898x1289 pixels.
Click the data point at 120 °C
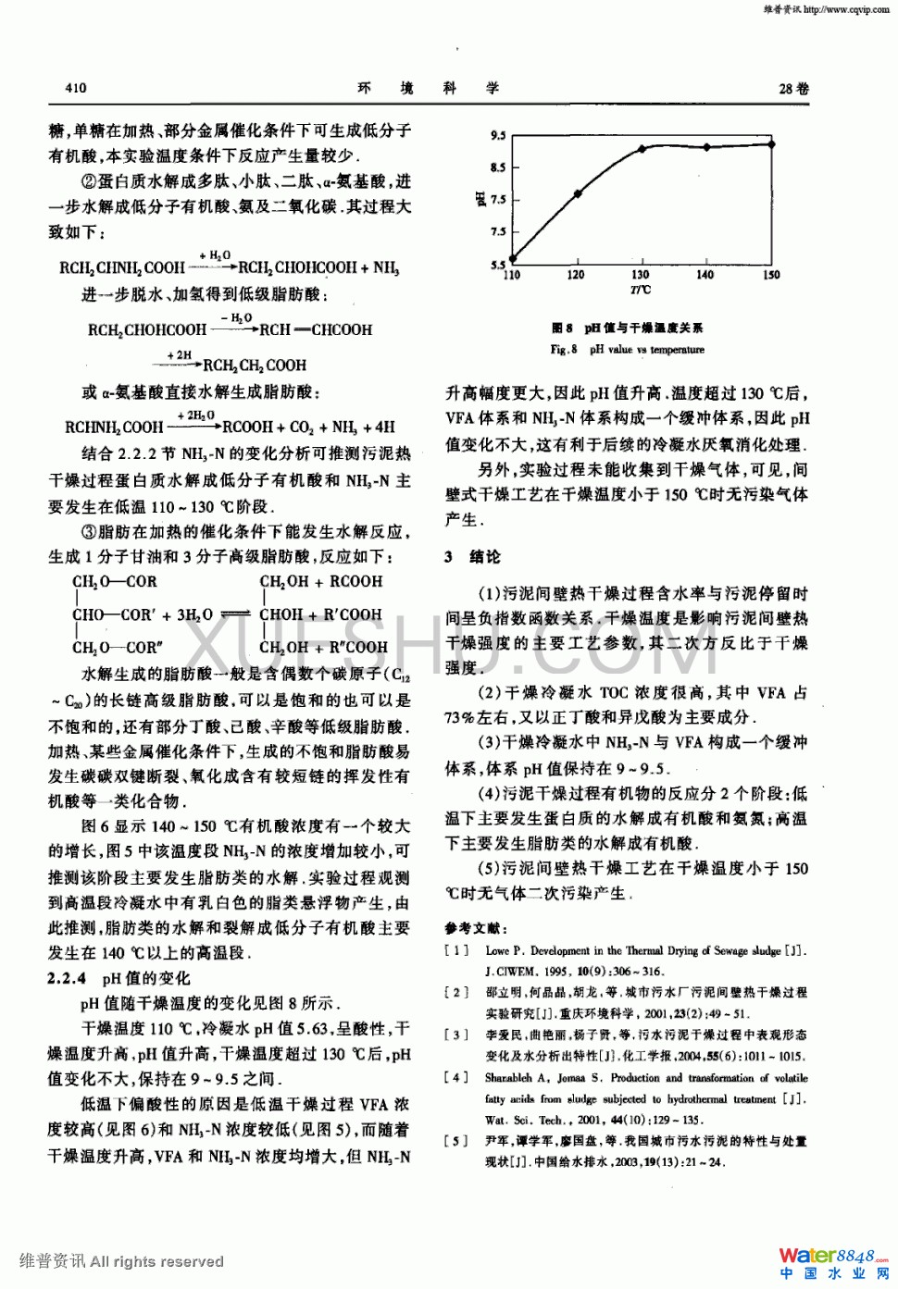pyautogui.click(x=578, y=194)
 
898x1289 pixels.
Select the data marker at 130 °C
pyautogui.click(x=642, y=149)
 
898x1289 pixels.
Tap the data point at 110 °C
pyautogui.click(x=513, y=259)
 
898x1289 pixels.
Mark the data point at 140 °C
pyautogui.click(x=706, y=147)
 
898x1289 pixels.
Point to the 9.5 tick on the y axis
pyautogui.click(x=498, y=136)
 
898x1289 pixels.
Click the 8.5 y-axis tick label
pyautogui.click(x=498, y=167)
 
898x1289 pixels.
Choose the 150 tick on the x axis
pyautogui.click(x=771, y=275)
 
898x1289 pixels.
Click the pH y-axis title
pyautogui.click(x=481, y=199)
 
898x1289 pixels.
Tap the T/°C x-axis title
pyautogui.click(x=641, y=290)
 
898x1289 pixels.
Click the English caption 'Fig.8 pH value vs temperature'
pyautogui.click(x=627, y=350)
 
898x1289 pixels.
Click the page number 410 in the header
pyautogui.click(x=76, y=88)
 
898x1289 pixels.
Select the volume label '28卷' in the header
pyautogui.click(x=793, y=89)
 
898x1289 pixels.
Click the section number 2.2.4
pyautogui.click(x=67, y=978)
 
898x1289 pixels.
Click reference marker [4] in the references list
pyautogui.click(x=456, y=1078)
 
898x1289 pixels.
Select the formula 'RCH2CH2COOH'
pyautogui.click(x=255, y=366)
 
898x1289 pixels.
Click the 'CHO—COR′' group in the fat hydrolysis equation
pyautogui.click(x=114, y=614)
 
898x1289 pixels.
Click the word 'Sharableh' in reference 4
pyautogui.click(x=508, y=1078)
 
